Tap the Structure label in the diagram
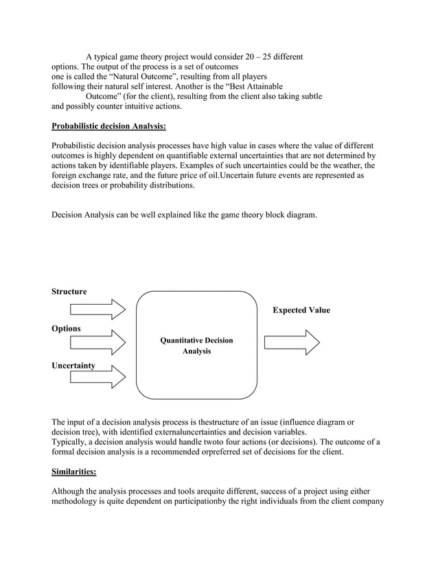click(69, 292)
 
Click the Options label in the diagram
click(66, 329)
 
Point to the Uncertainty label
click(73, 366)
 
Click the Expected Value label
click(301, 310)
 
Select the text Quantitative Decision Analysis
click(196, 345)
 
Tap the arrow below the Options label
click(97, 342)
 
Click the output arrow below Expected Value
click(292, 342)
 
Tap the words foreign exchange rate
click(89, 176)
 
